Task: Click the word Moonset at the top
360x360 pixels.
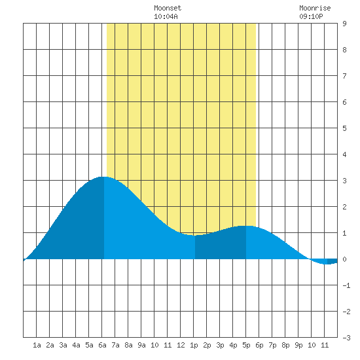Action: point(168,8)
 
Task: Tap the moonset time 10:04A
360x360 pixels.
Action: point(166,16)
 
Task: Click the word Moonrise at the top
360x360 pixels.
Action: point(315,8)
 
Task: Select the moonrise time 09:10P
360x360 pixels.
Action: point(311,16)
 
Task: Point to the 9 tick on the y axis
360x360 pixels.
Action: point(344,24)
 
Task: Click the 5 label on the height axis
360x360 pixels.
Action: point(344,128)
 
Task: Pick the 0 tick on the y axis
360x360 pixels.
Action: point(344,259)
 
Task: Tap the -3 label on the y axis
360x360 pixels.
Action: point(346,338)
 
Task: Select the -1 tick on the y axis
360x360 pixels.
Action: point(346,285)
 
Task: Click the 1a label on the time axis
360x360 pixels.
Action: point(37,345)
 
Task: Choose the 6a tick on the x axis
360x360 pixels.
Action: point(102,345)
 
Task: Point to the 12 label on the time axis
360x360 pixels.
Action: point(181,345)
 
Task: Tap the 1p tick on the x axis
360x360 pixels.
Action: point(194,346)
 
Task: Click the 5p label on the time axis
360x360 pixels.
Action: point(246,346)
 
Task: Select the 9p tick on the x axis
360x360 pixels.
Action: point(298,346)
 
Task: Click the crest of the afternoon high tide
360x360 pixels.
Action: point(245,226)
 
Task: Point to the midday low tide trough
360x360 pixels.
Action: point(193,236)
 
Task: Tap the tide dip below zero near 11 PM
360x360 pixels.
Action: point(326,264)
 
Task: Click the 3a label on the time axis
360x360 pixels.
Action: point(63,345)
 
